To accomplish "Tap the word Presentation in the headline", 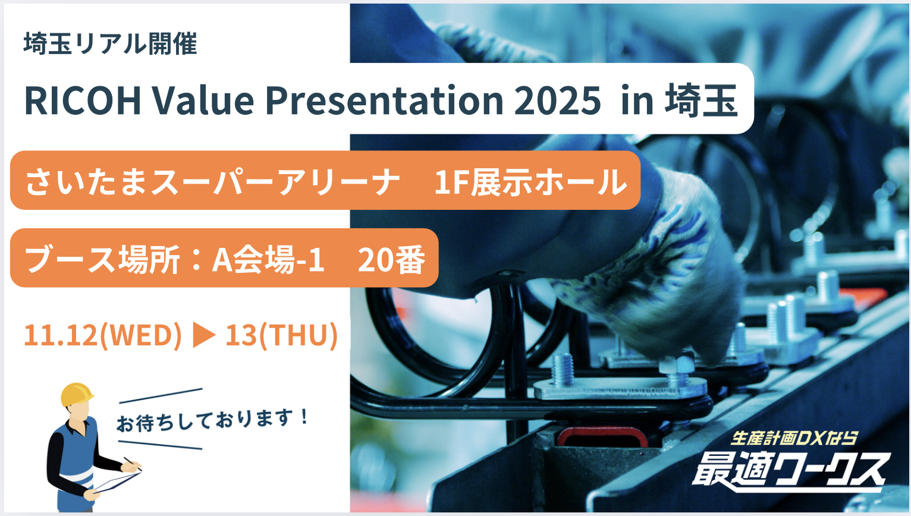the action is (x=384, y=100).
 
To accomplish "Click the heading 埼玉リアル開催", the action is (x=110, y=43).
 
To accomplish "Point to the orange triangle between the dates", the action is (x=203, y=335).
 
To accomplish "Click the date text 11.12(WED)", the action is (x=103, y=335).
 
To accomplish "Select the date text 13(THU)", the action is (x=281, y=335).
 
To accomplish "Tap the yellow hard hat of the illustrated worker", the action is (x=77, y=394).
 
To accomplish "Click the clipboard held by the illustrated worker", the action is (x=118, y=482).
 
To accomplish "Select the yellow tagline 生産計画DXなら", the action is (x=794, y=438).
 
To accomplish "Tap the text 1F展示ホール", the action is (x=531, y=182).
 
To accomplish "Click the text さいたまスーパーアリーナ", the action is (x=212, y=182).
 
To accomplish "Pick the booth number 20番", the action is (x=392, y=259).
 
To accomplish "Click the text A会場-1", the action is (x=268, y=259).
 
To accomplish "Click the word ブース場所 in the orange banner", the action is (x=102, y=259).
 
